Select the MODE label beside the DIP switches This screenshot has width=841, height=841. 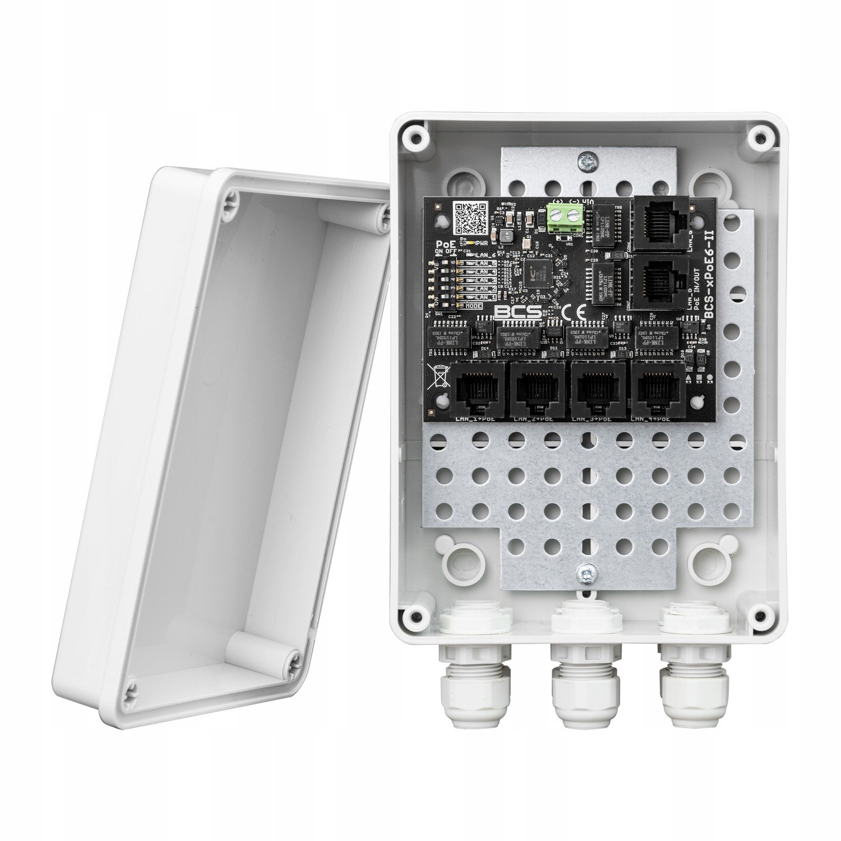[x=473, y=305]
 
